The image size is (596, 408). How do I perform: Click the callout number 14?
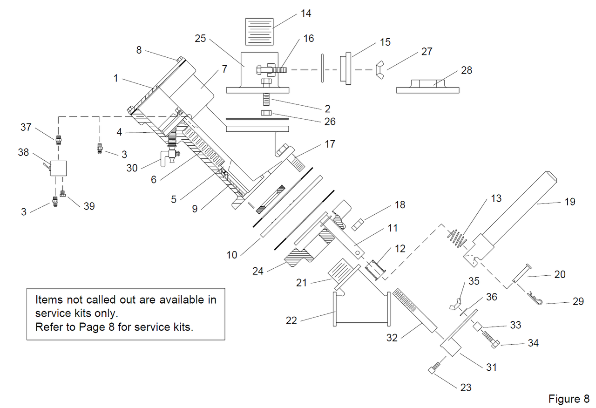(305, 13)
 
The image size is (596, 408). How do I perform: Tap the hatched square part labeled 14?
(259, 31)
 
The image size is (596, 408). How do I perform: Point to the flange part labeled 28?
(427, 87)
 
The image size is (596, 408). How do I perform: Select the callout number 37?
(26, 127)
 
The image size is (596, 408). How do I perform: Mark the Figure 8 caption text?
(569, 399)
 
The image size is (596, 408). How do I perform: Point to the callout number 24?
(258, 271)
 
